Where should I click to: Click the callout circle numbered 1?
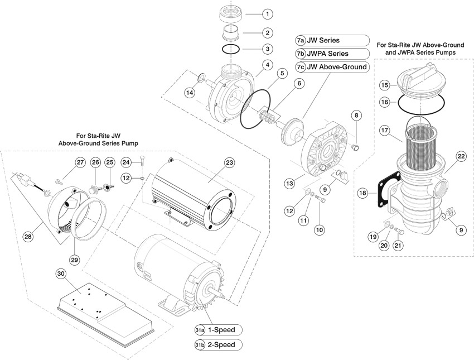268,13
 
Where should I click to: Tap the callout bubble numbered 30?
61,273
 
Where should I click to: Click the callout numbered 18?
363,193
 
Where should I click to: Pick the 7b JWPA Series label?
332,54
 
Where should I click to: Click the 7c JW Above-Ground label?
332,67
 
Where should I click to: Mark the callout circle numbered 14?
191,93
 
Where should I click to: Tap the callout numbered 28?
27,237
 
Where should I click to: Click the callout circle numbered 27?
80,162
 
